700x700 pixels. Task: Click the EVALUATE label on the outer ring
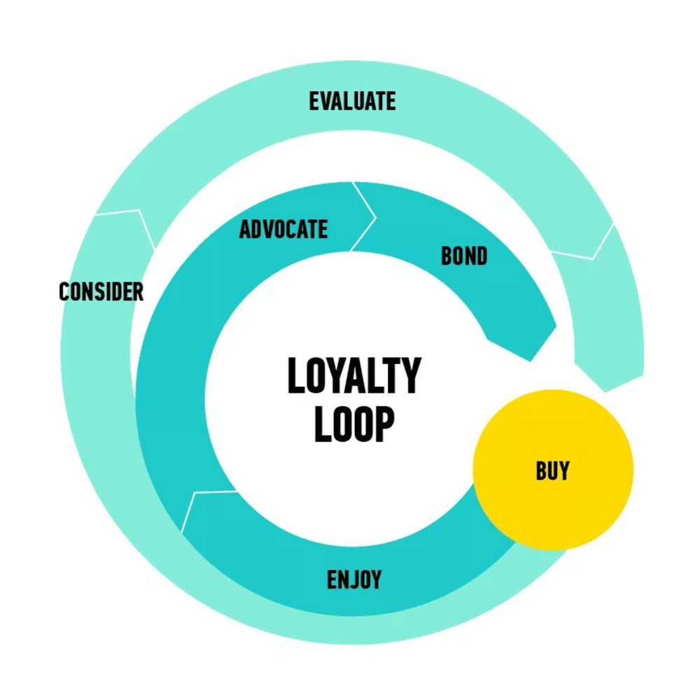point(352,101)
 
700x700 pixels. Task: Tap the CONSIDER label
point(101,291)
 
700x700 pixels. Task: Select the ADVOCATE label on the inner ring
point(283,229)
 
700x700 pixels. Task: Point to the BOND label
point(464,256)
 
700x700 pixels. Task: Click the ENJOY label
point(354,580)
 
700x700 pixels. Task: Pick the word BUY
point(553,470)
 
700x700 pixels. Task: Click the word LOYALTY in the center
point(354,376)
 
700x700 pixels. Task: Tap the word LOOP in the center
point(354,425)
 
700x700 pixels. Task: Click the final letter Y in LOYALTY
point(410,376)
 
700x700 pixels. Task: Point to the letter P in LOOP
point(382,425)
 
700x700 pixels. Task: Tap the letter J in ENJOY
point(356,580)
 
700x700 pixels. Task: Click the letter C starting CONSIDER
point(64,291)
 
